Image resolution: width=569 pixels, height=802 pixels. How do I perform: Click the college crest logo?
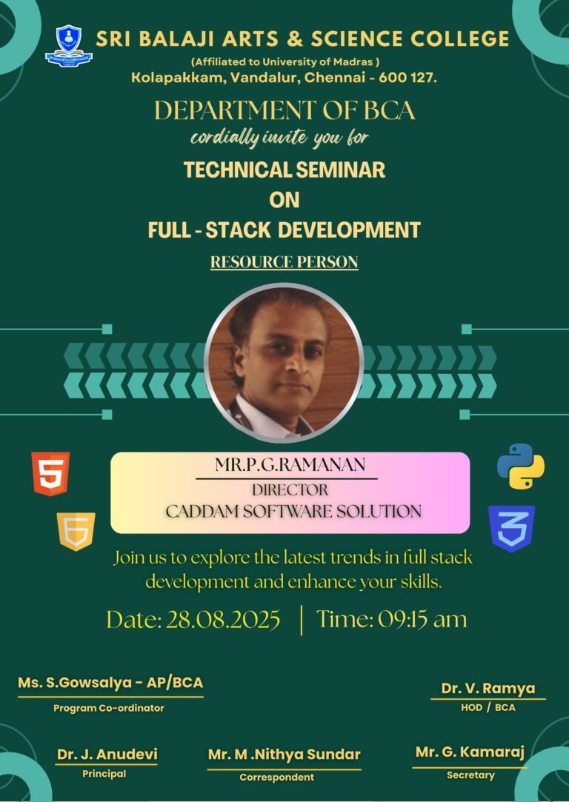(x=69, y=45)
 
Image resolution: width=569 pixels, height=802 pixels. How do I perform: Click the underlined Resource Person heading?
(x=284, y=262)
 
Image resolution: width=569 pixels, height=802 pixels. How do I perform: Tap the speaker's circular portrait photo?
(x=284, y=363)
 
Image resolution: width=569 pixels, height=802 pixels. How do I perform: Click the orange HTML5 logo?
(x=50, y=474)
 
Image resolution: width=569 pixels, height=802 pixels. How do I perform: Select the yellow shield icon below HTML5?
(x=76, y=532)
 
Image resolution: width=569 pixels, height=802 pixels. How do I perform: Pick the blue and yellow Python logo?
(x=521, y=466)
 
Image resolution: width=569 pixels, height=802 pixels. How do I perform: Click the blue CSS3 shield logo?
(x=511, y=528)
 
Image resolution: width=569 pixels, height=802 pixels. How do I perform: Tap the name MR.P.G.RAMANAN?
(x=290, y=464)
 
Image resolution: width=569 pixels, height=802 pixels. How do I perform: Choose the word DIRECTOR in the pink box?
(x=290, y=490)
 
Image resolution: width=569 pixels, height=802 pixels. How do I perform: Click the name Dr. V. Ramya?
(x=488, y=688)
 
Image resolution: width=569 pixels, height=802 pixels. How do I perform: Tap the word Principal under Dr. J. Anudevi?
(x=104, y=774)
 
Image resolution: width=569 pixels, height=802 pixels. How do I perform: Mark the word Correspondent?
(x=277, y=777)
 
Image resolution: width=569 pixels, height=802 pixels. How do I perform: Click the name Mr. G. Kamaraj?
(x=470, y=752)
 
